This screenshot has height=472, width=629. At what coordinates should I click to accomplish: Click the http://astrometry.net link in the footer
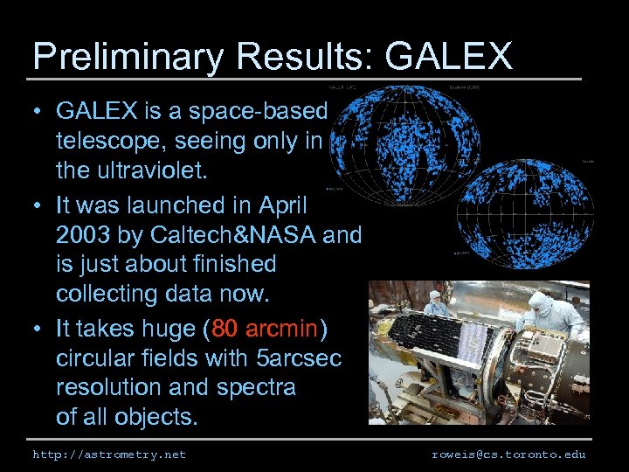(x=109, y=455)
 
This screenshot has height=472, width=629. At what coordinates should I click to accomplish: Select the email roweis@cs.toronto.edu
(x=508, y=455)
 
